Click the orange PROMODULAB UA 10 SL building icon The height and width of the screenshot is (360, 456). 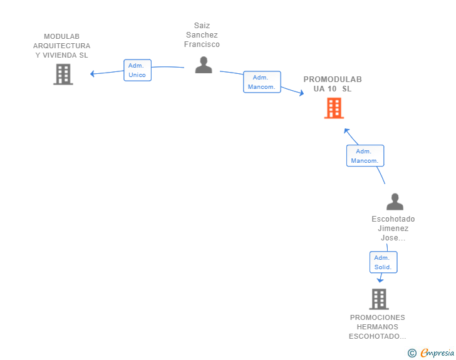(334, 108)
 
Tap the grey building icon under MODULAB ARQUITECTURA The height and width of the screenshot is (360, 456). (63, 75)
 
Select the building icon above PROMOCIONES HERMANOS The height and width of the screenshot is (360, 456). (379, 299)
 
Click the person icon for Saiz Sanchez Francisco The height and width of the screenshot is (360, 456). (204, 65)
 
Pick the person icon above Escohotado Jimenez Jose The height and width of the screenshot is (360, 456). (395, 202)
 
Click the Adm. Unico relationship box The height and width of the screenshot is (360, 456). (138, 70)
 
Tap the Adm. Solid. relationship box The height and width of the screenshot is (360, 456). (383, 262)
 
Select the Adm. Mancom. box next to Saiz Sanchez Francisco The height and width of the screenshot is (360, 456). (262, 82)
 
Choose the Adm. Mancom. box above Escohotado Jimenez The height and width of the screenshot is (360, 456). (365, 155)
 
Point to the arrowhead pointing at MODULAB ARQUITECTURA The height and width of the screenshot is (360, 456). (92, 74)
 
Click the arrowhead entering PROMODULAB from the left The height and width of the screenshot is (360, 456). (301, 93)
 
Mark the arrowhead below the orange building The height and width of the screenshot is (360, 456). (346, 131)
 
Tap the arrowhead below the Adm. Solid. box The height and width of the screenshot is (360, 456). (380, 280)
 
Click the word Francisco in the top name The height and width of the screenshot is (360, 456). (202, 44)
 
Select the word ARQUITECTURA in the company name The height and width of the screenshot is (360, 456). (61, 46)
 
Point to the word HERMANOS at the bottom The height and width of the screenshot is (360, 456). (378, 327)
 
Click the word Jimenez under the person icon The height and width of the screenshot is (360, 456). (393, 229)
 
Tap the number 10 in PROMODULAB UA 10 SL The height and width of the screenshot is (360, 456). (332, 89)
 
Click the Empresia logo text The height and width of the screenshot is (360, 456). (437, 352)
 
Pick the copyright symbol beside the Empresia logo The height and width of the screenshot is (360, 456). (412, 353)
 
